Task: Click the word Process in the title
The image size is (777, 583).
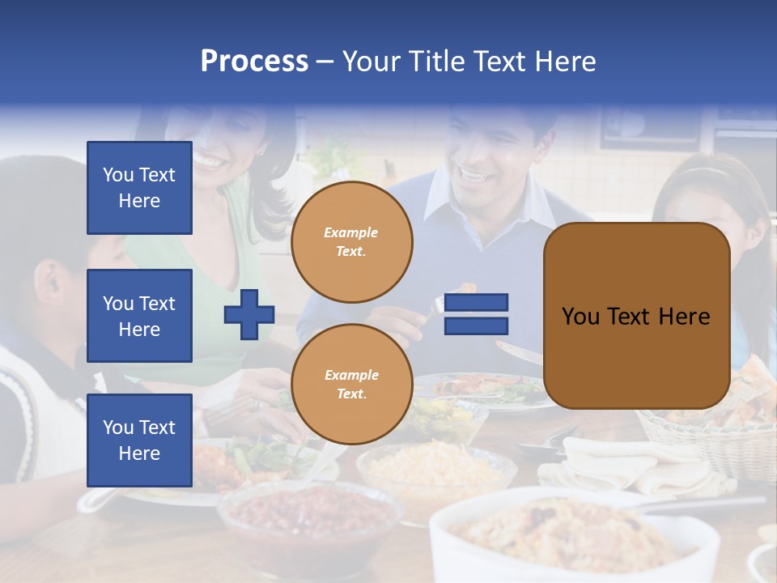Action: pyautogui.click(x=254, y=62)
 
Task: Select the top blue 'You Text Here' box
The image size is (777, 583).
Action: pyautogui.click(x=139, y=188)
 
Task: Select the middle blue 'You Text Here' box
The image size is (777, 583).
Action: pyautogui.click(x=139, y=316)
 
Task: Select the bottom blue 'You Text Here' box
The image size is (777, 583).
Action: pyautogui.click(x=139, y=440)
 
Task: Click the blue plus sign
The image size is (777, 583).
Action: pyautogui.click(x=249, y=314)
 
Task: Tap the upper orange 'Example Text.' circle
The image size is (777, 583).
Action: pyautogui.click(x=352, y=242)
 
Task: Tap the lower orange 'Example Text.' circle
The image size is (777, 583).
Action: pyautogui.click(x=352, y=385)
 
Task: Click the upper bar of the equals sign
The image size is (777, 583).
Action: pyautogui.click(x=477, y=302)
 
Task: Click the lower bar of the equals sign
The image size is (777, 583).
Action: pyautogui.click(x=477, y=326)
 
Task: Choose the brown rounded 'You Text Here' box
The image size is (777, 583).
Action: pyautogui.click(x=636, y=316)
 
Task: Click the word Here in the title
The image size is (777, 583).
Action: pyautogui.click(x=567, y=62)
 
